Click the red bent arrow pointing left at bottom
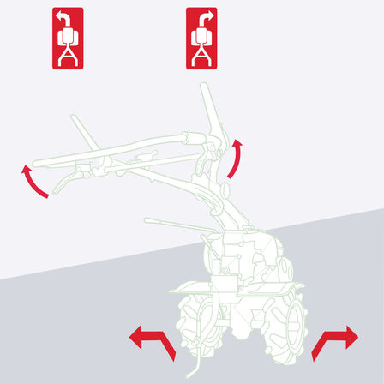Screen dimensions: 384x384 152,340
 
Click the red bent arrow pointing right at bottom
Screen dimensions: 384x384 334,340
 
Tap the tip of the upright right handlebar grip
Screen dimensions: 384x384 204,87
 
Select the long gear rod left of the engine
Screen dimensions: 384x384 171,224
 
